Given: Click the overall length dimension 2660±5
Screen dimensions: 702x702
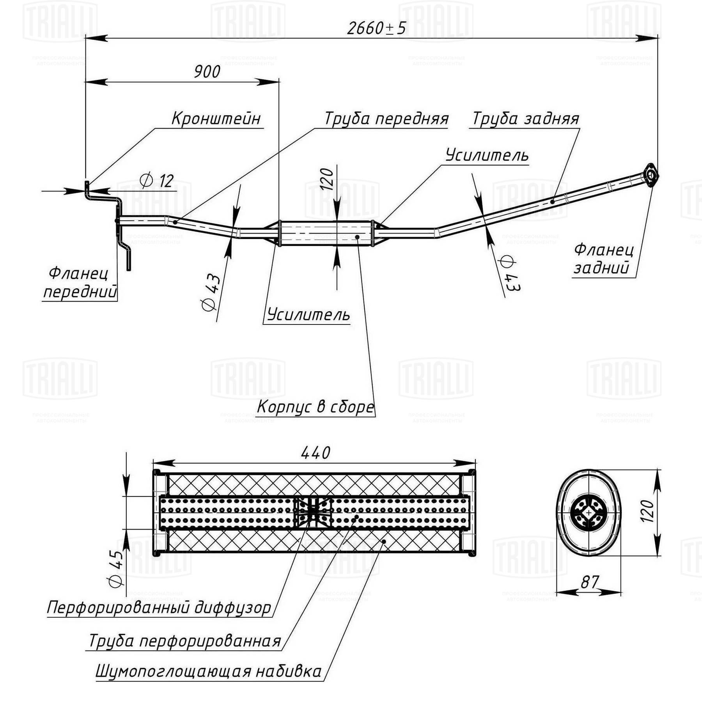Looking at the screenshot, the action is click(376, 28).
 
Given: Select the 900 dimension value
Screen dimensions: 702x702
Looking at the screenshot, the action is click(207, 71).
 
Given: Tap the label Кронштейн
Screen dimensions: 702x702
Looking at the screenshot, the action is click(216, 118).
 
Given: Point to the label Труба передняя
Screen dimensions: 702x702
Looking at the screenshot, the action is click(386, 119).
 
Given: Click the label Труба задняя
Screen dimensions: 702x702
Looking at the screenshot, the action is click(526, 119).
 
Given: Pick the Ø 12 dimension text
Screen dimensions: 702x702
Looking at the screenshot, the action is click(157, 181).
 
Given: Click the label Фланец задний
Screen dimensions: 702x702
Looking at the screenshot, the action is click(603, 259).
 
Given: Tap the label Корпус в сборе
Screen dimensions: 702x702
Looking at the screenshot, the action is click(315, 407).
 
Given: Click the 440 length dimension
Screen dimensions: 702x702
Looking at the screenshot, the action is click(316, 453).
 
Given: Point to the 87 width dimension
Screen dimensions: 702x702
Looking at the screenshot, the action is click(589, 582).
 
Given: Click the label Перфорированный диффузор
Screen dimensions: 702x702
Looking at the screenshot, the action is click(159, 608).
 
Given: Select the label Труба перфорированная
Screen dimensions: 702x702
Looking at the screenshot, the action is click(185, 641).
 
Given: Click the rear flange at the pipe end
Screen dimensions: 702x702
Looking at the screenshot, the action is click(650, 175).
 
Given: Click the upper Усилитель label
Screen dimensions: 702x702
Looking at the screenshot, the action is click(487, 155).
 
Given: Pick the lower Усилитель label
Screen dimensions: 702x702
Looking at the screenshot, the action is click(308, 314).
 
